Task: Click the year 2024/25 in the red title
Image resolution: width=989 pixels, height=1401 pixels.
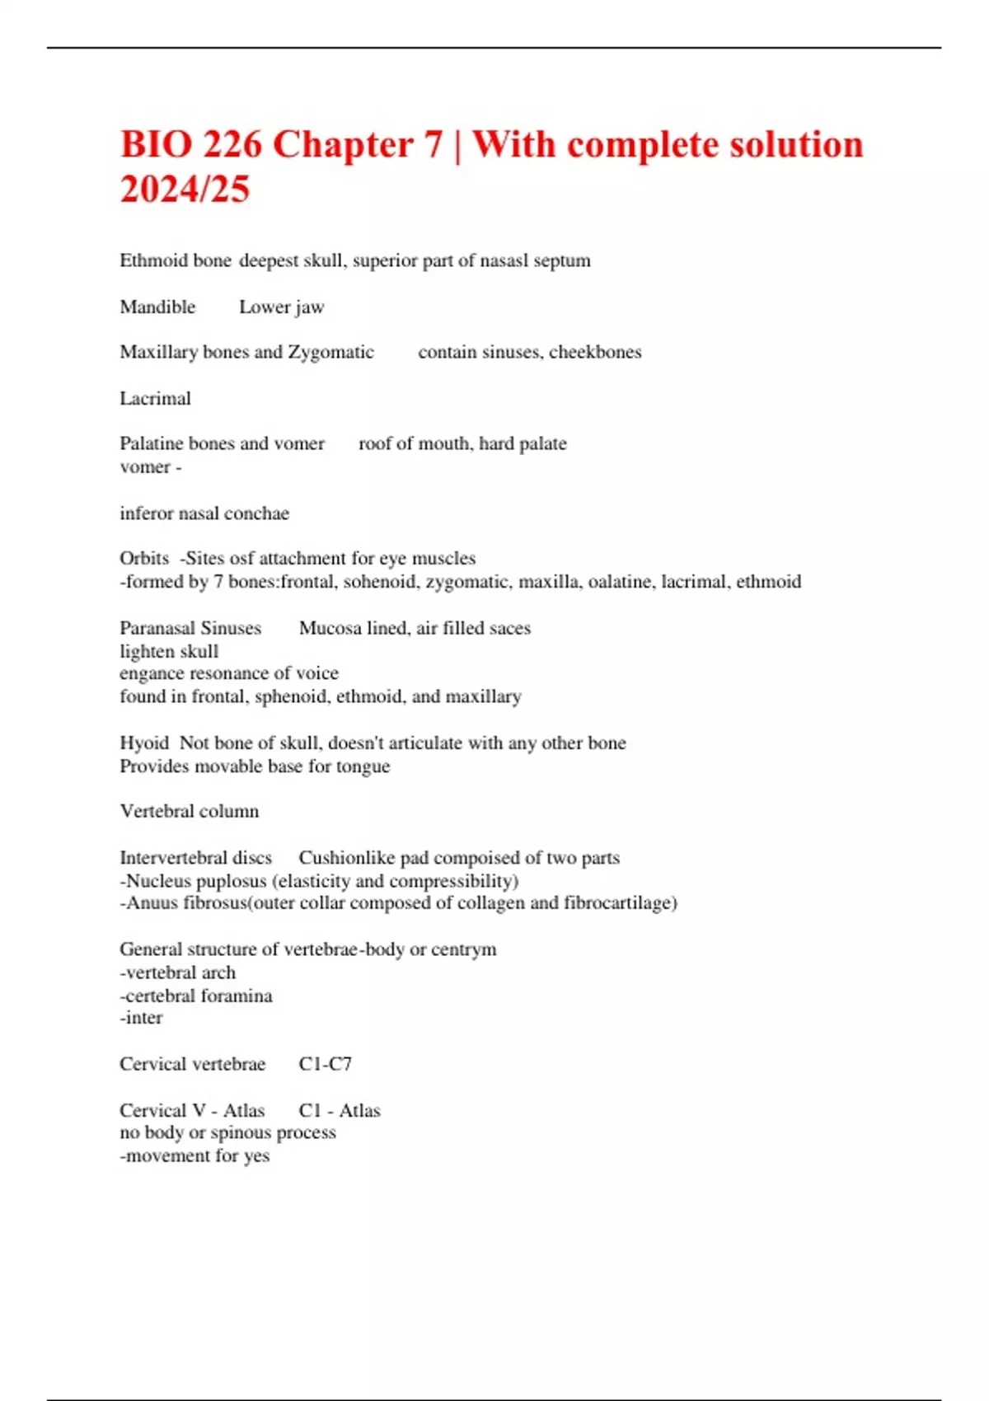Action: pyautogui.click(x=185, y=189)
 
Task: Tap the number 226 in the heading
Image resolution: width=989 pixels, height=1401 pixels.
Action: pyautogui.click(x=232, y=145)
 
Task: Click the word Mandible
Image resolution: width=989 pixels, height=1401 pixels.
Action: pyautogui.click(x=157, y=307)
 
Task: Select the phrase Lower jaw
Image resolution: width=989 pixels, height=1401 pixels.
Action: pyautogui.click(x=281, y=307)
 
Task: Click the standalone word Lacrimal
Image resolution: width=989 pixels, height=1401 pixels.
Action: pyautogui.click(x=155, y=399)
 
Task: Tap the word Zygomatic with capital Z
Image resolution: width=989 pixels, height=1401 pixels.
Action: pyautogui.click(x=330, y=353)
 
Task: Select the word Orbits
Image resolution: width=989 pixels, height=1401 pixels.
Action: pyautogui.click(x=144, y=559)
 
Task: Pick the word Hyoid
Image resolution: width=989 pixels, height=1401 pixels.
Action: pyautogui.click(x=144, y=743)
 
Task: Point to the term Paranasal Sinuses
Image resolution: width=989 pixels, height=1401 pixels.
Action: pyautogui.click(x=190, y=629)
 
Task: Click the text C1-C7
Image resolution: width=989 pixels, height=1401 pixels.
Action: pyautogui.click(x=326, y=1065)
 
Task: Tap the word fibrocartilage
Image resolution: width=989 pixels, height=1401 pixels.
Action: pyautogui.click(x=619, y=903)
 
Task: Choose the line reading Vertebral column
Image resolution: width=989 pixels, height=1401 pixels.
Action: pyautogui.click(x=190, y=812)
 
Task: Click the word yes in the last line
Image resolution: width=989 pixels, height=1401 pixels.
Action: pyautogui.click(x=256, y=1156)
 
